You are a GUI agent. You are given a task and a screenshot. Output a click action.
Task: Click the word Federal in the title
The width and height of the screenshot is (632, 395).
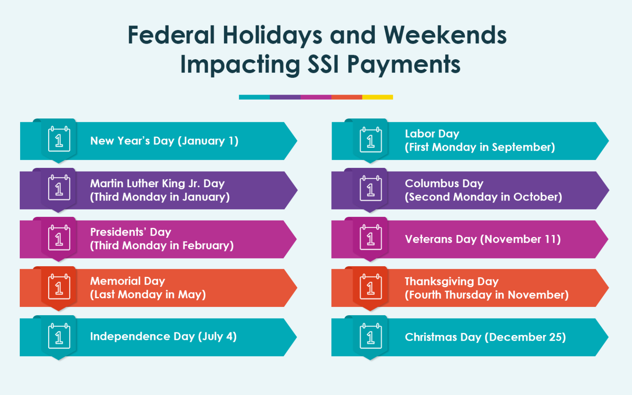171,35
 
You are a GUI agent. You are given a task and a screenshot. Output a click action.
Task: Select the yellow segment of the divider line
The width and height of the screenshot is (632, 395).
377,97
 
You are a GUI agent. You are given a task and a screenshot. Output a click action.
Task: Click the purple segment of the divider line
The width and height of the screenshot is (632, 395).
285,97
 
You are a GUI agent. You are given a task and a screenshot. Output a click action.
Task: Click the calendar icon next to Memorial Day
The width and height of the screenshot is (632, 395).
59,287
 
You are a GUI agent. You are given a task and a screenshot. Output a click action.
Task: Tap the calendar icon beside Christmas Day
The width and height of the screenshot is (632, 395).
370,336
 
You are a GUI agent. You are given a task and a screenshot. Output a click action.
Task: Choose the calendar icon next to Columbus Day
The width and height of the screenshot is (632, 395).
370,189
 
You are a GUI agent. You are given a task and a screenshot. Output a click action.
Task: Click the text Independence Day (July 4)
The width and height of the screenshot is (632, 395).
163,337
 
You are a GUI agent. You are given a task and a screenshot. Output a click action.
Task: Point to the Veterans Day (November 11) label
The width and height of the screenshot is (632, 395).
483,239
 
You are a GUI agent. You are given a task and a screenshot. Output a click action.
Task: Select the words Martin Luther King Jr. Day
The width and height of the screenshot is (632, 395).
157,184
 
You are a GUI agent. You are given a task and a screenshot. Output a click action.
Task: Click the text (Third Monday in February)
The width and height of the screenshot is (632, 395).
162,246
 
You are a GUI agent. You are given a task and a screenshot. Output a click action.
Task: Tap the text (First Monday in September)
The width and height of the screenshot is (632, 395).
480,147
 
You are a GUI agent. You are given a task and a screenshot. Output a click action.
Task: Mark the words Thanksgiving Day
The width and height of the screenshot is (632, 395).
451,281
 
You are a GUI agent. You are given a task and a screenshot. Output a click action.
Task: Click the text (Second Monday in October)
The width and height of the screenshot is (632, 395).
483,197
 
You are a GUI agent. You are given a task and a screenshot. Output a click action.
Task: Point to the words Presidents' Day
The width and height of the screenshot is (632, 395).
130,232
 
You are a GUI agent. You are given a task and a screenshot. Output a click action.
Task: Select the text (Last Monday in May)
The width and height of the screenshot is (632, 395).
148,295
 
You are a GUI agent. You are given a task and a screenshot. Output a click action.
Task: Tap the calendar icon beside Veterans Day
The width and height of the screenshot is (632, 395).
370,238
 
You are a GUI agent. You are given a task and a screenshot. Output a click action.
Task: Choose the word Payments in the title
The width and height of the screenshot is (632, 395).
404,65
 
